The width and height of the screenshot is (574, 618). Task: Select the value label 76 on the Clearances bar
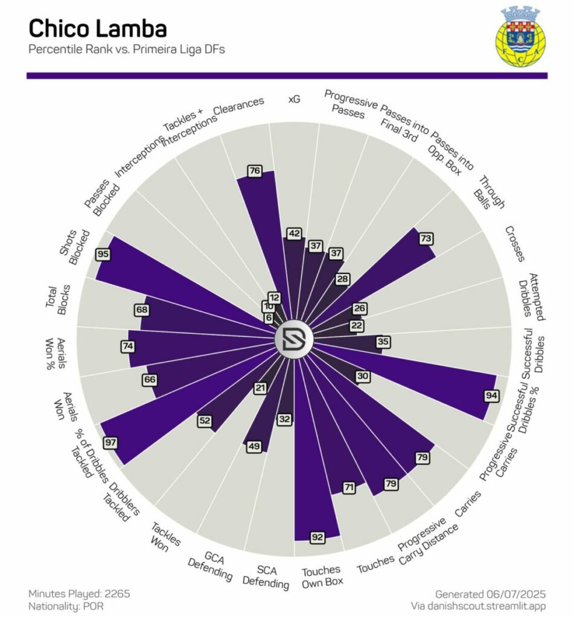[255, 171]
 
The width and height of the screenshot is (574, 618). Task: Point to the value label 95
[103, 254]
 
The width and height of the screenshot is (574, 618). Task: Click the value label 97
[110, 442]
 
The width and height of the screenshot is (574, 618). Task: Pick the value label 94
[491, 395]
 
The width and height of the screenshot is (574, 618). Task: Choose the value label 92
[317, 535]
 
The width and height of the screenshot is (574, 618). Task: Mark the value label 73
[426, 238]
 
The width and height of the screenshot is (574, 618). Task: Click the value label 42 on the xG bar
[295, 233]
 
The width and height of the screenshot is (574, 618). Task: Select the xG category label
[294, 98]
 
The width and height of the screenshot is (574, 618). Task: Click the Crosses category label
[514, 244]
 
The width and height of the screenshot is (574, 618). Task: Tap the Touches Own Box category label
[322, 575]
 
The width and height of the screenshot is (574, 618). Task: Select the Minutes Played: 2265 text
[79, 593]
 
